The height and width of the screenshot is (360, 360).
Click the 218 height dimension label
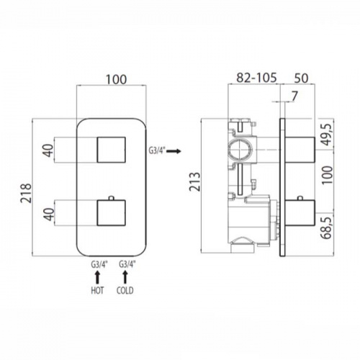[26, 193]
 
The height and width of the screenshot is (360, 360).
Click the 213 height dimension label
[194, 181]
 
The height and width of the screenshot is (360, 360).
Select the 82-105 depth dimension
[256, 78]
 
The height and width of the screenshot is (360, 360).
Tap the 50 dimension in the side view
[301, 78]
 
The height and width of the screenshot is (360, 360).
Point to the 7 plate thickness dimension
[294, 96]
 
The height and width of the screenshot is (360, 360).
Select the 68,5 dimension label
[327, 227]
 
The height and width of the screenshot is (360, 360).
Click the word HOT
[97, 291]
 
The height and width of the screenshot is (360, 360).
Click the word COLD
[125, 291]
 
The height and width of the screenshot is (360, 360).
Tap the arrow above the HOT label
[97, 277]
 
